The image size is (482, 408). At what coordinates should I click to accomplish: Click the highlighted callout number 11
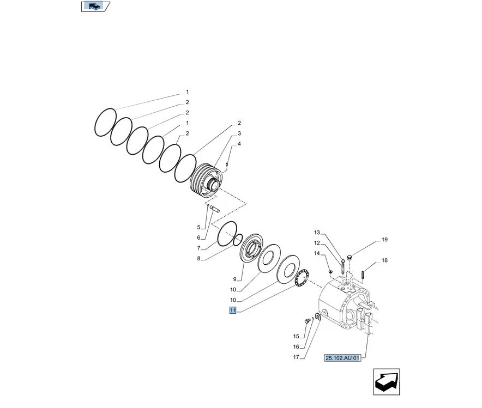coord(233,310)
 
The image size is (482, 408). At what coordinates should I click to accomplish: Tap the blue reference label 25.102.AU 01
coord(342,358)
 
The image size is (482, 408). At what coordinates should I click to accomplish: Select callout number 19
coord(384,240)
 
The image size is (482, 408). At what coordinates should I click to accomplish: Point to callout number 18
coord(384,260)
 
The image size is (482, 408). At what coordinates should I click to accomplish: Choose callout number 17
coord(296,357)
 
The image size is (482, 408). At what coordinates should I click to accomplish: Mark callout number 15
coord(296,336)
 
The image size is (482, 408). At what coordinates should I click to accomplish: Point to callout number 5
coord(199,227)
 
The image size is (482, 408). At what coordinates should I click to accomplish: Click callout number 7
coord(199,248)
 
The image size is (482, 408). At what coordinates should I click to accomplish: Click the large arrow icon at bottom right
coord(387,382)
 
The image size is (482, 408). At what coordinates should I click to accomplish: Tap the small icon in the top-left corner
coord(96,7)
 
